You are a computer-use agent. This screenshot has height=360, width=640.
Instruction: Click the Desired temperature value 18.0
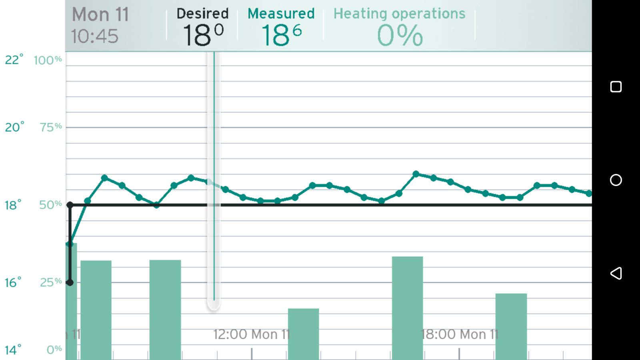(203, 35)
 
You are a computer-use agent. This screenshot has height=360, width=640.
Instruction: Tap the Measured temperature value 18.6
(281, 35)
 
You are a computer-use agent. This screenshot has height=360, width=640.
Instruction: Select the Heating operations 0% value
(400, 36)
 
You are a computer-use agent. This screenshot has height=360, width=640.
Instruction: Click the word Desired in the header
(202, 14)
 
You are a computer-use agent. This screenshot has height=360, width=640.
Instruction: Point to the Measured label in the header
(281, 14)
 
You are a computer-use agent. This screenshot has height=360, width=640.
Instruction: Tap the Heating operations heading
(399, 14)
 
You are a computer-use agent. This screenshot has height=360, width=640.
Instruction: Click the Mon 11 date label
(100, 15)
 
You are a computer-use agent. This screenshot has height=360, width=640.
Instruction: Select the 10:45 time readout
(95, 36)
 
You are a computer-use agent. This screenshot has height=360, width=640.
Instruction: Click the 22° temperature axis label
(14, 60)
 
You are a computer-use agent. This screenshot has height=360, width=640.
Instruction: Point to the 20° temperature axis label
(14, 127)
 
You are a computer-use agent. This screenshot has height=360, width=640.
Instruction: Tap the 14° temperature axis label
(13, 350)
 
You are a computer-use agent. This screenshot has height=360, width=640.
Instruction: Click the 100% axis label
(48, 60)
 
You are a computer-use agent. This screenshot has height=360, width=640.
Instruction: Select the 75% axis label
(50, 127)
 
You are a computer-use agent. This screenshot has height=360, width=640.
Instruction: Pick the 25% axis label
(50, 282)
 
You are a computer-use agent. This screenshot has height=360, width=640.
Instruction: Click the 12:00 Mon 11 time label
(251, 334)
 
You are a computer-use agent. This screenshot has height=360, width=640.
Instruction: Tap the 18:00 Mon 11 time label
(460, 334)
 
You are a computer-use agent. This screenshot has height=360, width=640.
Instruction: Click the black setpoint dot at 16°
(70, 283)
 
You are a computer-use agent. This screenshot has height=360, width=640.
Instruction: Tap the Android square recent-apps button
(616, 87)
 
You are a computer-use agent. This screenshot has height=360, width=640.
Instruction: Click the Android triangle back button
(616, 273)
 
